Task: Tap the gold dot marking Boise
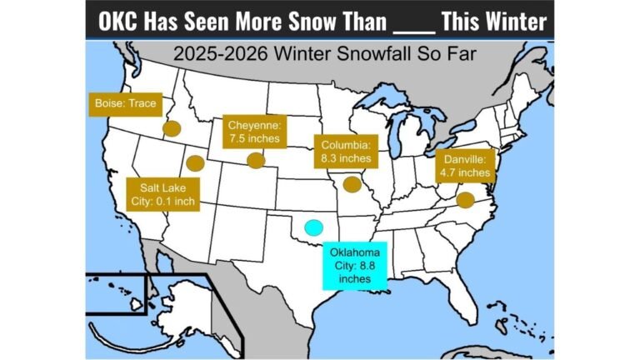pos(172,128)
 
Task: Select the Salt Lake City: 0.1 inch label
pos(159,194)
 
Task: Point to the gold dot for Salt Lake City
pos(194,162)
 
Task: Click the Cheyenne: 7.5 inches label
pos(253,132)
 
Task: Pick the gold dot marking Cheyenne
pos(256,160)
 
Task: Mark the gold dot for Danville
pos(465,199)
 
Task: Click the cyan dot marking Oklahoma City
pos(313,227)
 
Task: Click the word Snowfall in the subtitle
pos(355,55)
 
